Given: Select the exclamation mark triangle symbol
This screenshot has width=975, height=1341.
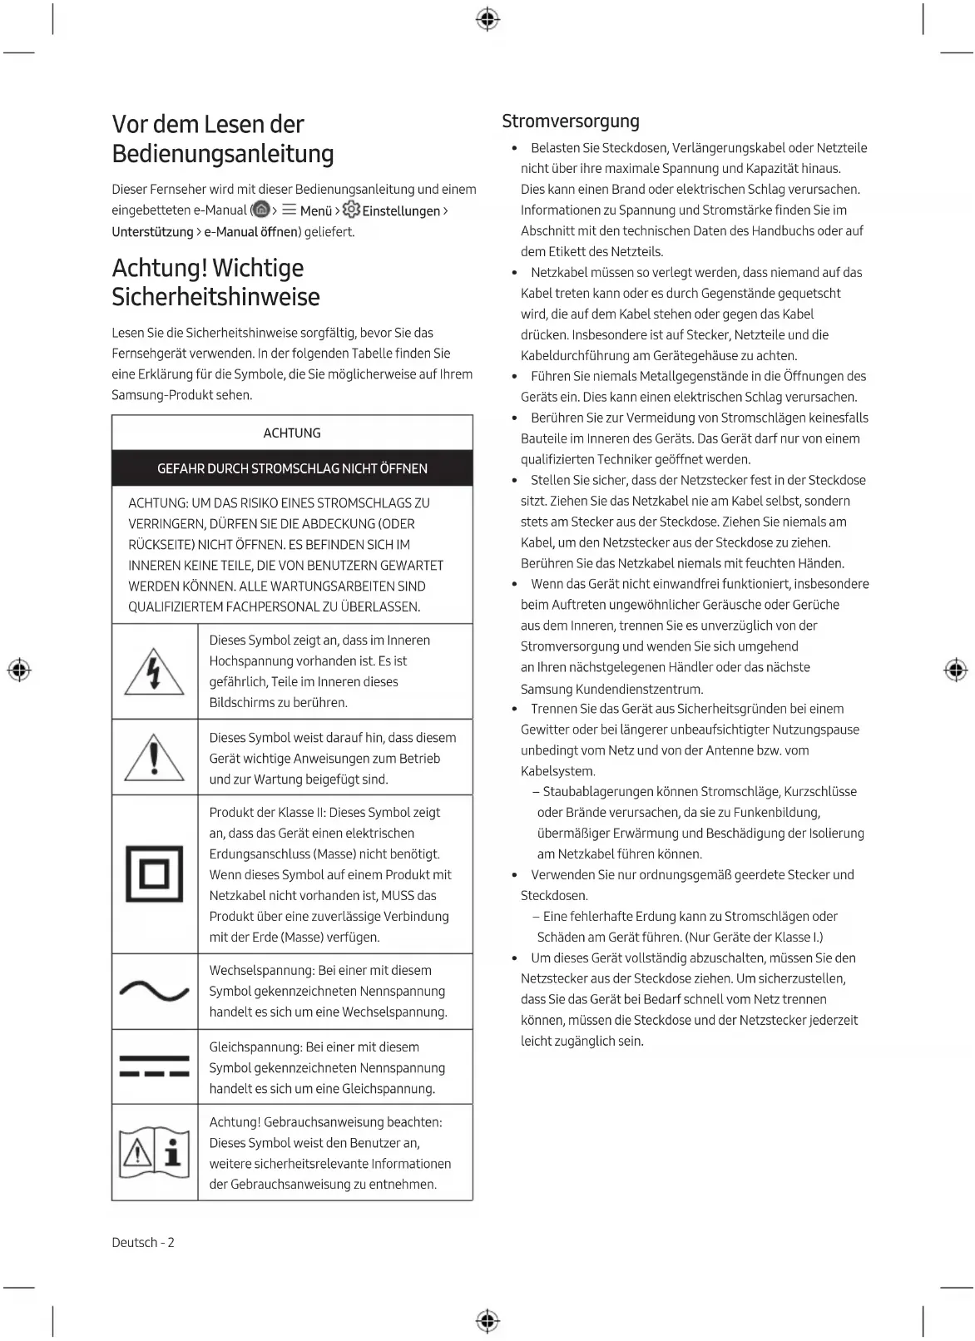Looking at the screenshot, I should point(154,758).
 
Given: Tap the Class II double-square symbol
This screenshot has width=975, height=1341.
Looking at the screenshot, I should point(154,873).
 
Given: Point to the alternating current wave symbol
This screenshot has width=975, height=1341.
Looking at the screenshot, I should point(154,991).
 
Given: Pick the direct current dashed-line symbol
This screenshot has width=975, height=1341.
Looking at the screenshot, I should point(154,1066).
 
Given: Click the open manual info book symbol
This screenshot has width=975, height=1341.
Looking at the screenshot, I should point(154,1152).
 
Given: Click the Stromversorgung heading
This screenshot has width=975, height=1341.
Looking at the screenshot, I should point(571,121).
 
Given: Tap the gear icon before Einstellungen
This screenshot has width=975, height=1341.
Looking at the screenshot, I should point(351,210).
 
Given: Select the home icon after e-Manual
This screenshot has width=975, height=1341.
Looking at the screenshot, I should point(262,210).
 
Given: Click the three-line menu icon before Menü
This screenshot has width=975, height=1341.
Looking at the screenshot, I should point(290,210).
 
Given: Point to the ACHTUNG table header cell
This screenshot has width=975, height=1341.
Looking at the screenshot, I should point(292,433).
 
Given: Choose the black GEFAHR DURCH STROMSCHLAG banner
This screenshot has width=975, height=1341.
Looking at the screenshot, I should point(292,468).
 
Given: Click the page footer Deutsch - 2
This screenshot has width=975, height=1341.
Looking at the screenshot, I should point(143,1242).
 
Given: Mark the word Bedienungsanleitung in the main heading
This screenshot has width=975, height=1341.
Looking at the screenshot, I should point(223,154).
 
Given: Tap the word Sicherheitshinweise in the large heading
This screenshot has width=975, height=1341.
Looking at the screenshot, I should point(215,297).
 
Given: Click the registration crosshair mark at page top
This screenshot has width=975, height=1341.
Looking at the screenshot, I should point(487,20).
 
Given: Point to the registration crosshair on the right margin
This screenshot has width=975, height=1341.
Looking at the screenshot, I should point(956,670).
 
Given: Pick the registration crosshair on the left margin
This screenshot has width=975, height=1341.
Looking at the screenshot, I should point(19,670).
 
